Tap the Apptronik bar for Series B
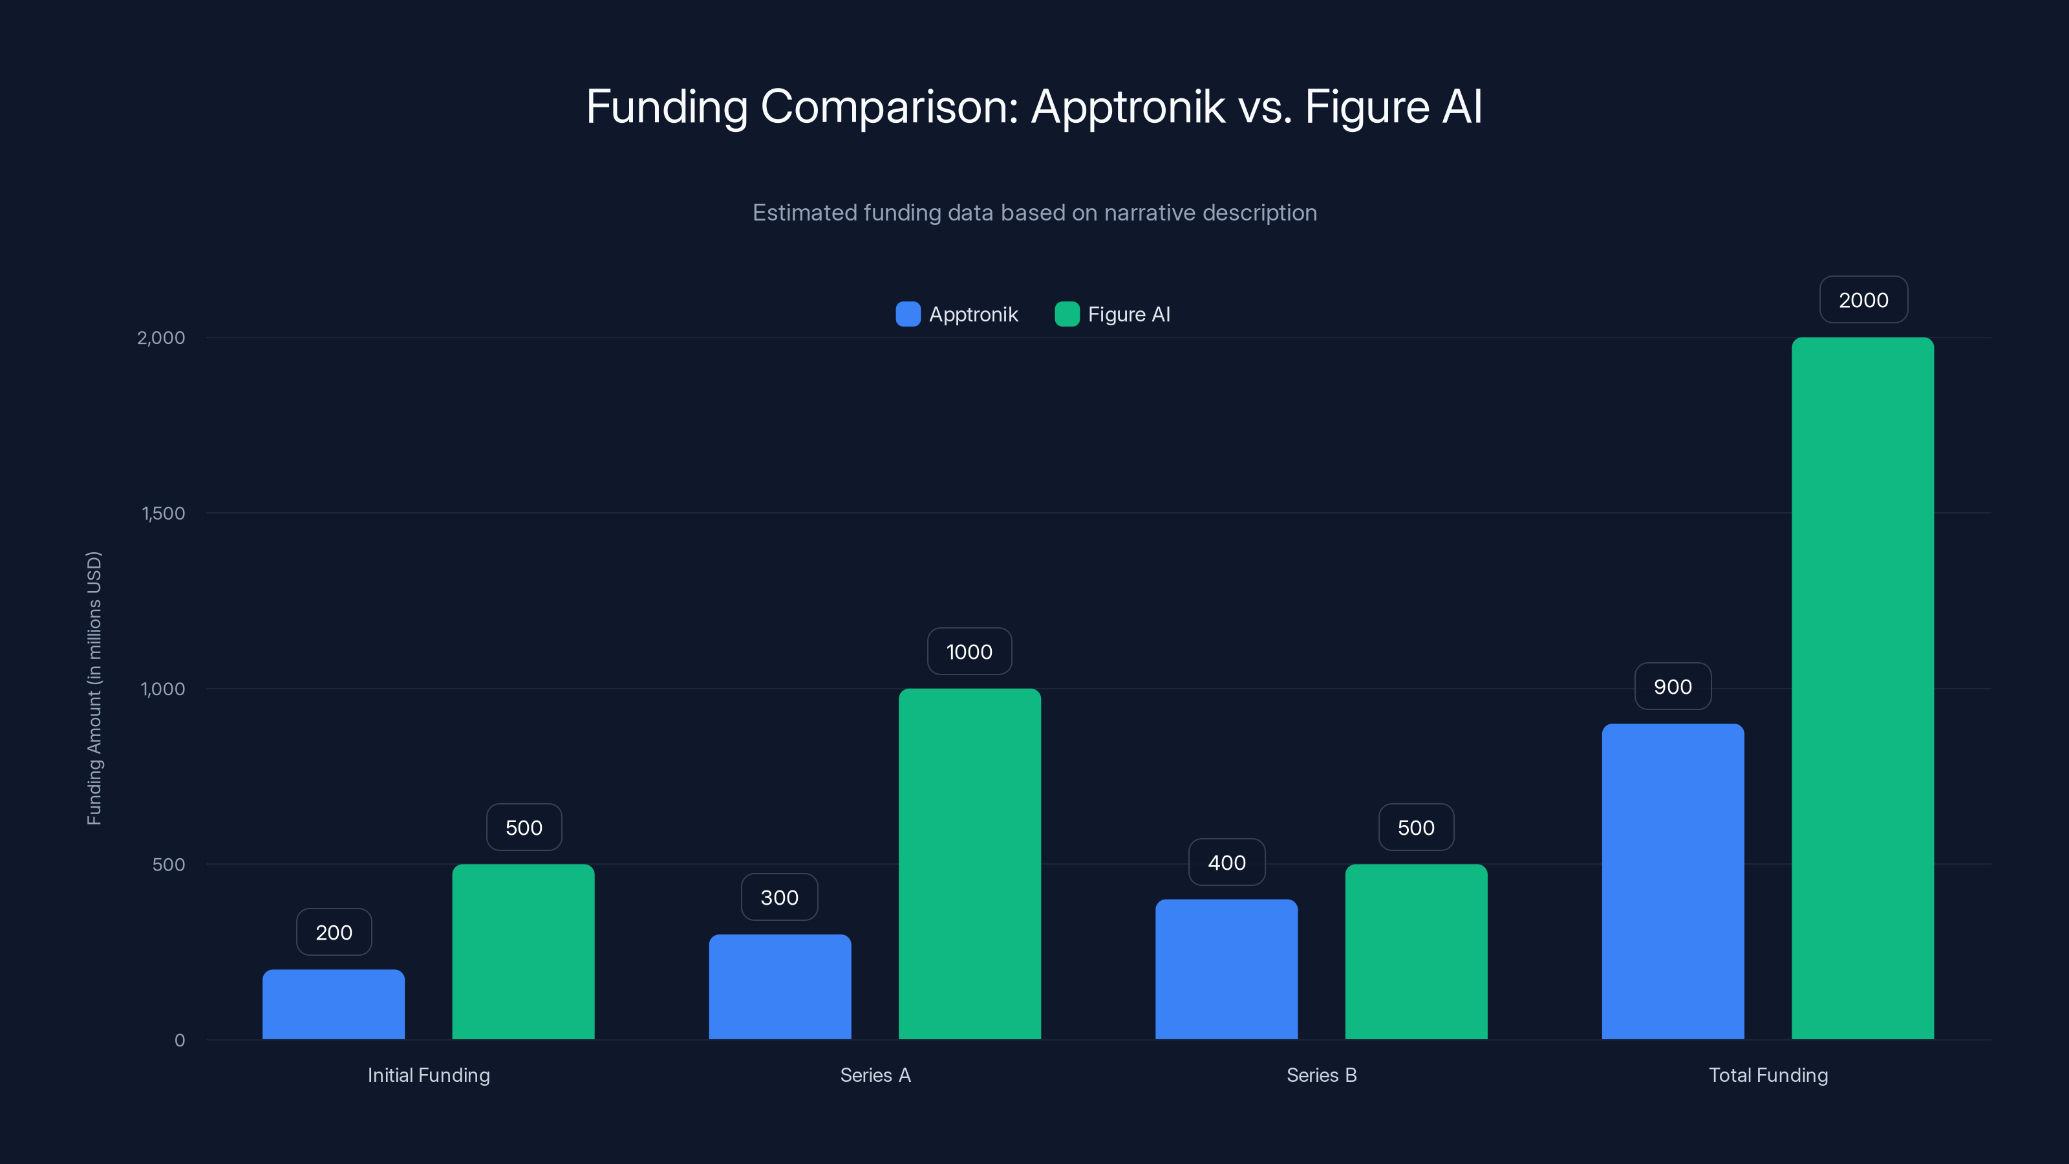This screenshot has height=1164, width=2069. [1227, 969]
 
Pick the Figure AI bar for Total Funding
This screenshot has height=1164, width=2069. [1863, 689]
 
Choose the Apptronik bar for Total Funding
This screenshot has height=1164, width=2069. [1673, 881]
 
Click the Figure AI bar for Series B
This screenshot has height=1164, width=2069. [1416, 951]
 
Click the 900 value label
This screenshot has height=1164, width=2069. [1673, 687]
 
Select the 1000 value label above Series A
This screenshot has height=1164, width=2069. [969, 651]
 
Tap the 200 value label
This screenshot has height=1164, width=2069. [334, 932]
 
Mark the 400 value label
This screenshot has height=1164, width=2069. [1227, 862]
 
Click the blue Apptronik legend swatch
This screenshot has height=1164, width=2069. [908, 314]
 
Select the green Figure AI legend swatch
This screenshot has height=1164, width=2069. [1067, 314]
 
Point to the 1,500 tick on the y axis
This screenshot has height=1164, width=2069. [163, 513]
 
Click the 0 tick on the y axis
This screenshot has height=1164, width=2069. [180, 1040]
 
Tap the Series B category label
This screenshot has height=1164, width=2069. [1321, 1075]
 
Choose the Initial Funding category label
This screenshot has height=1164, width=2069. [429, 1075]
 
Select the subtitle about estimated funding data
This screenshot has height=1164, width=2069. [1034, 213]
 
